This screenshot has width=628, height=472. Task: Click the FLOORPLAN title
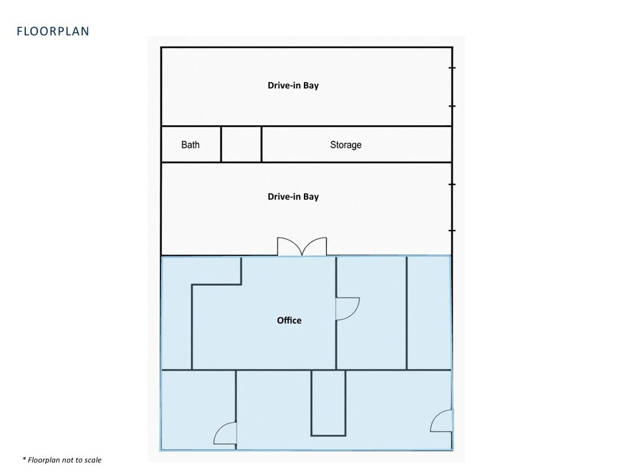coord(53,31)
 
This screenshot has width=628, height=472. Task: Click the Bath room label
coord(190,145)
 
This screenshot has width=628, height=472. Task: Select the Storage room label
coord(346,145)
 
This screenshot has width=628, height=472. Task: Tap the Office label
coord(289,320)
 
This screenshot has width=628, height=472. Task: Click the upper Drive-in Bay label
coord(293,85)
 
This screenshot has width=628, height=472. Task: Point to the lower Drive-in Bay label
coord(293,197)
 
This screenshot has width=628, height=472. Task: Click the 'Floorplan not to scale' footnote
coord(62,460)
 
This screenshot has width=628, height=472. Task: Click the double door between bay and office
coord(302,246)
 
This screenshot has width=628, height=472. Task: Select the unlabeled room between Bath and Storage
coord(241,144)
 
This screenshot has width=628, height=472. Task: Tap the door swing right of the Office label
coord(347,309)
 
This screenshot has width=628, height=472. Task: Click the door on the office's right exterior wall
coord(442,421)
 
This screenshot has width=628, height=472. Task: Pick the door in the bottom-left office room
coord(225,433)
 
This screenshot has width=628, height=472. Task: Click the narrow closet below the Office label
coord(329,402)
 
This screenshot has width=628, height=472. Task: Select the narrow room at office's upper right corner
coord(429,313)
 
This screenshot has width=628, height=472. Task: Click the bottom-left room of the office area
coord(198,409)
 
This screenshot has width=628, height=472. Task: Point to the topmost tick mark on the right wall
coord(452,68)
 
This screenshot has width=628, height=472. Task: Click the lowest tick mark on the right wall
coord(452,231)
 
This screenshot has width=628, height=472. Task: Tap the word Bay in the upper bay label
coord(311,86)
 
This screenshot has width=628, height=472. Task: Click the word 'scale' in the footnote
coord(93,460)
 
